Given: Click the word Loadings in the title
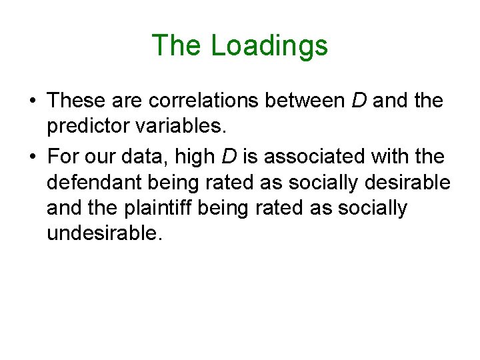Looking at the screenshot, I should [x=269, y=45].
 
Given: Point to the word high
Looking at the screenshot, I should [x=204, y=156].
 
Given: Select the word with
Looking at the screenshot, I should [x=404, y=156].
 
